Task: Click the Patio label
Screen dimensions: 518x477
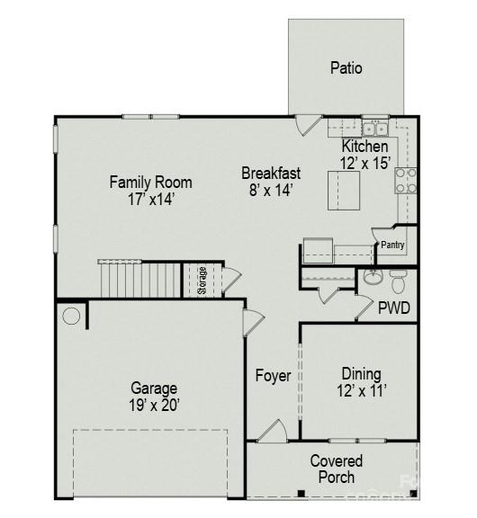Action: (346, 67)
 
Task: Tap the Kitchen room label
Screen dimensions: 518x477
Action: (365, 147)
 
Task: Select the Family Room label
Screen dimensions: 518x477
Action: (150, 183)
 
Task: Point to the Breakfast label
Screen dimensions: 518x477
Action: (271, 174)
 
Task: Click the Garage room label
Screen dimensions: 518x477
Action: (154, 388)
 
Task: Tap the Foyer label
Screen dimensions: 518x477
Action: (273, 376)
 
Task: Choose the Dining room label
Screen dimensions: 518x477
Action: (361, 374)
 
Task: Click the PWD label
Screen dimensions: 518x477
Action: (393, 308)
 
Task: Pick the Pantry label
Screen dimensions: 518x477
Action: (392, 245)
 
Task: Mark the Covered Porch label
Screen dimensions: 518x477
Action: (337, 461)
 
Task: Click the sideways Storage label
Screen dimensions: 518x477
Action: (202, 278)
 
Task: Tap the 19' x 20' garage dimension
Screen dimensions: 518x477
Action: (155, 406)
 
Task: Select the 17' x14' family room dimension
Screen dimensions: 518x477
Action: (150, 200)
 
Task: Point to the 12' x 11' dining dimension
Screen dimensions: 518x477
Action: (361, 391)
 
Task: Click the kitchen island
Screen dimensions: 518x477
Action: (342, 190)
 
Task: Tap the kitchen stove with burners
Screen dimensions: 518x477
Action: (406, 181)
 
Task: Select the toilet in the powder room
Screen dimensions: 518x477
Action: (397, 274)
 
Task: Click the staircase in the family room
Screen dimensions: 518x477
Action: (140, 279)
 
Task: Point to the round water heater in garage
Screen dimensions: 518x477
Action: (71, 316)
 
